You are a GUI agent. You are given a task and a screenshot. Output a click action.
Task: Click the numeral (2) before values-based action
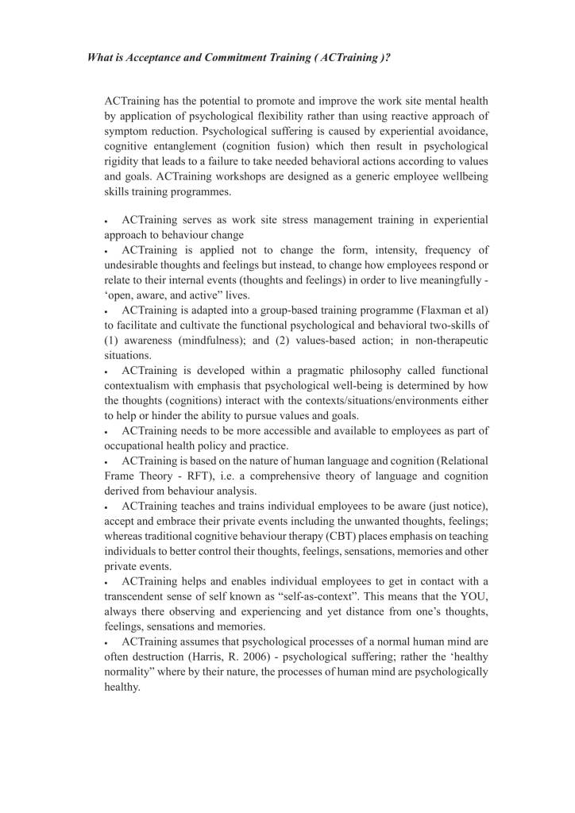[289, 341]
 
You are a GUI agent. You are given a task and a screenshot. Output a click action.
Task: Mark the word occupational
[135, 446]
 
